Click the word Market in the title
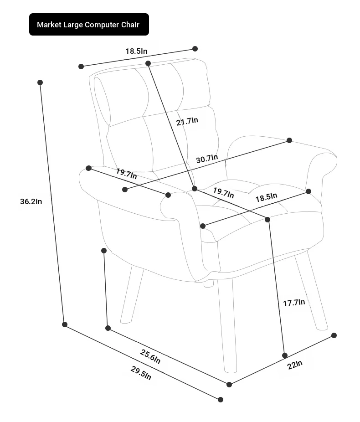pos(49,25)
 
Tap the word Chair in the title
pos(130,25)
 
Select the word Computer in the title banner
pos(102,25)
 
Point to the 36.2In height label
pos(31,201)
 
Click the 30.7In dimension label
pos(207,159)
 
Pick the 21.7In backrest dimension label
pos(187,121)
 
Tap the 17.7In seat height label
pos(294,303)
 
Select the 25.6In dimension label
pos(150,356)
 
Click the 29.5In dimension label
pos(141,373)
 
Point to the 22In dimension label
pos(295,365)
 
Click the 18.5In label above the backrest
pos(136,51)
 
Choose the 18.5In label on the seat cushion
pos(266,197)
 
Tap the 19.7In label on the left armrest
pos(127,174)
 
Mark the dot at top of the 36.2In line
pos(40,82)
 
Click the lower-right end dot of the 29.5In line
pos(221,400)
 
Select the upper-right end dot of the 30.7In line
pos(289,140)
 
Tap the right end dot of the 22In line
pos(334,335)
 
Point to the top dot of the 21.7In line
pos(148,63)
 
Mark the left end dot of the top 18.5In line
pos(81,67)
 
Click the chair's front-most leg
pos(227,326)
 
